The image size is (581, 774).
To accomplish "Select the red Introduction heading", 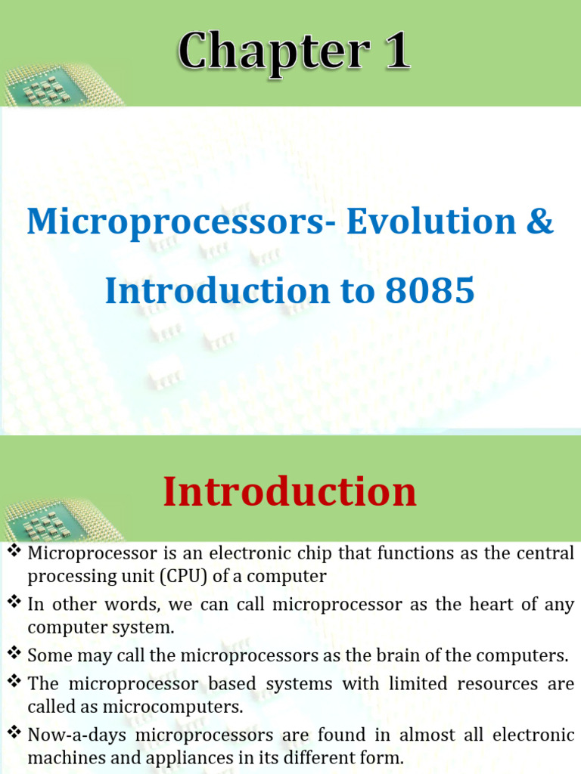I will click(x=290, y=492).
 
